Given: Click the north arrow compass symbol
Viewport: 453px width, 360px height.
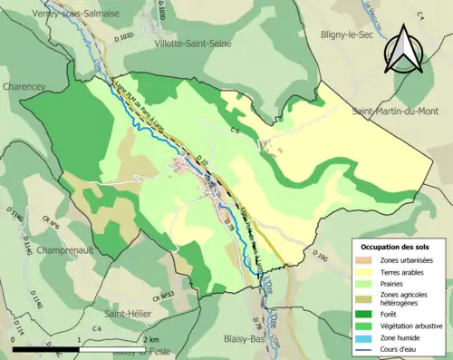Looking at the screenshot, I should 404,54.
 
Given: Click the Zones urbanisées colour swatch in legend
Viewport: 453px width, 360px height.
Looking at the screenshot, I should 365,260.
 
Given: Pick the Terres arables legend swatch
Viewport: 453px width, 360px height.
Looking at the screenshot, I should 365,272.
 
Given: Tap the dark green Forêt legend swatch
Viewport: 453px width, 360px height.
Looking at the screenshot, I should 365,313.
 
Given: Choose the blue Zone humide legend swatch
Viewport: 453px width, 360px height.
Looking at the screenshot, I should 365,337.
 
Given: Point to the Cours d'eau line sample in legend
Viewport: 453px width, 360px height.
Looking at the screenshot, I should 365,349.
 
